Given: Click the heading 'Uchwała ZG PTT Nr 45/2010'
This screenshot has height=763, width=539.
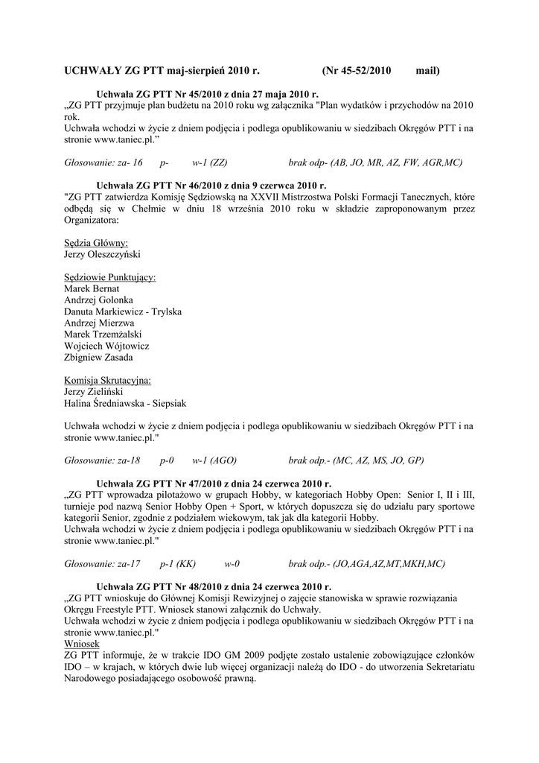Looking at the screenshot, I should pyautogui.click(x=208, y=95).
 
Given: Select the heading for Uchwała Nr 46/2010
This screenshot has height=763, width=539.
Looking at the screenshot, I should pyautogui.click(x=211, y=185).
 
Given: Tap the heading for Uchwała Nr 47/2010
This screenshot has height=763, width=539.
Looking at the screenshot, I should pyautogui.click(x=214, y=484).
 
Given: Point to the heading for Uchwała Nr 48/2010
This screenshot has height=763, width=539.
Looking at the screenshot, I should pyautogui.click(x=214, y=586).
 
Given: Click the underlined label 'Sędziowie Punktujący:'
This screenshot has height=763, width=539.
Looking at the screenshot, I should pyautogui.click(x=110, y=277).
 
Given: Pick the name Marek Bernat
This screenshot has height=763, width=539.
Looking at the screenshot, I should pyautogui.click(x=92, y=288).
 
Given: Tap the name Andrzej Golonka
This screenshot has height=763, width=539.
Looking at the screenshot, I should pyautogui.click(x=98, y=300).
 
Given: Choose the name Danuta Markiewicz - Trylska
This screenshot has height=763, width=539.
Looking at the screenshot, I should pyautogui.click(x=123, y=311).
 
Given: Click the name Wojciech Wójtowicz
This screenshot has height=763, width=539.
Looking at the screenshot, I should pyautogui.click(x=107, y=346).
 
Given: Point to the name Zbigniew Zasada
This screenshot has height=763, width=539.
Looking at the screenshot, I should pyautogui.click(x=99, y=357).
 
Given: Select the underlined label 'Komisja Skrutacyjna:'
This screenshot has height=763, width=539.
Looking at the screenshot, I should pyautogui.click(x=108, y=380).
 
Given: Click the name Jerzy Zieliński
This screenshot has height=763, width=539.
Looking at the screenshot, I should pyautogui.click(x=94, y=391).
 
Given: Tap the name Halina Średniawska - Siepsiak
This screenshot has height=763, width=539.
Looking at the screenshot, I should pyautogui.click(x=125, y=403).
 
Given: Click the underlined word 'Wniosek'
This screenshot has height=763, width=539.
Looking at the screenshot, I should pyautogui.click(x=82, y=643).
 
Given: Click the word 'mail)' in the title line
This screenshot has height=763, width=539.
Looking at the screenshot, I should pyautogui.click(x=428, y=71).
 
